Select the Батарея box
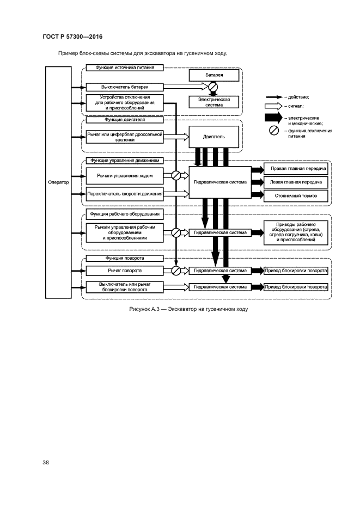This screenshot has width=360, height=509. click(213, 75)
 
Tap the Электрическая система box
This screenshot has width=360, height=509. click(213, 102)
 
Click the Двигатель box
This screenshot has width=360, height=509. click(213, 137)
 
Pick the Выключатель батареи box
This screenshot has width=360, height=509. click(124, 87)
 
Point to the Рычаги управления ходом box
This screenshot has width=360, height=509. click(124, 176)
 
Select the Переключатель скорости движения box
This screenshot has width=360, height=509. click(124, 194)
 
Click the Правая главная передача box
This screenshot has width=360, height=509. click(296, 169)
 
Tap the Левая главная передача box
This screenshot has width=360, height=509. click(296, 182)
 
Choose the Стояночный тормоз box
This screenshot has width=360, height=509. click(296, 196)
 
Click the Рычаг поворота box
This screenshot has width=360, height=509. click(124, 270)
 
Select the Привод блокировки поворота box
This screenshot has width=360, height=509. click(296, 270)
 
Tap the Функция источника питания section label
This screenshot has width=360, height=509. click(124, 68)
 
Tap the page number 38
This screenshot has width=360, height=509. click(46, 463)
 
